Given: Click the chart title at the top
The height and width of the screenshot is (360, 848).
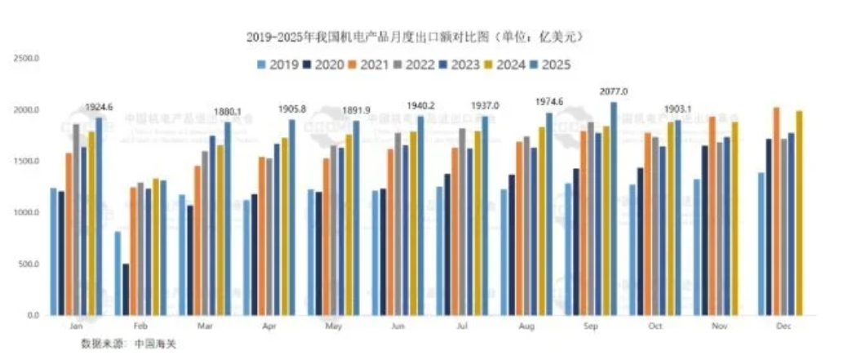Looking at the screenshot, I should [415, 38].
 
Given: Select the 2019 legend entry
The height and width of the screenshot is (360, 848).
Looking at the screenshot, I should [274, 65].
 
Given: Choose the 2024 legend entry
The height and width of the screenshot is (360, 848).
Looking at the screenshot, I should [506, 65].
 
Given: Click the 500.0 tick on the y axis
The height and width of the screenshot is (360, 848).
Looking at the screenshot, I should [29, 264].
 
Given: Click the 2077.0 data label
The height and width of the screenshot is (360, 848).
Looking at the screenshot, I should [613, 91].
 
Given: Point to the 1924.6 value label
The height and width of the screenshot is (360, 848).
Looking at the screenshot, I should [99, 107].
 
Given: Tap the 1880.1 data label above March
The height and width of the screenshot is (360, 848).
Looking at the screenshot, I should [229, 111].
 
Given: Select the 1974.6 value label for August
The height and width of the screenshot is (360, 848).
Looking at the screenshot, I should [548, 102].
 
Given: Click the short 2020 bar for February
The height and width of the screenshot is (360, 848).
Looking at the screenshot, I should [126, 289].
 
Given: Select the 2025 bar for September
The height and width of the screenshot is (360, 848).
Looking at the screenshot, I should [613, 208].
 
